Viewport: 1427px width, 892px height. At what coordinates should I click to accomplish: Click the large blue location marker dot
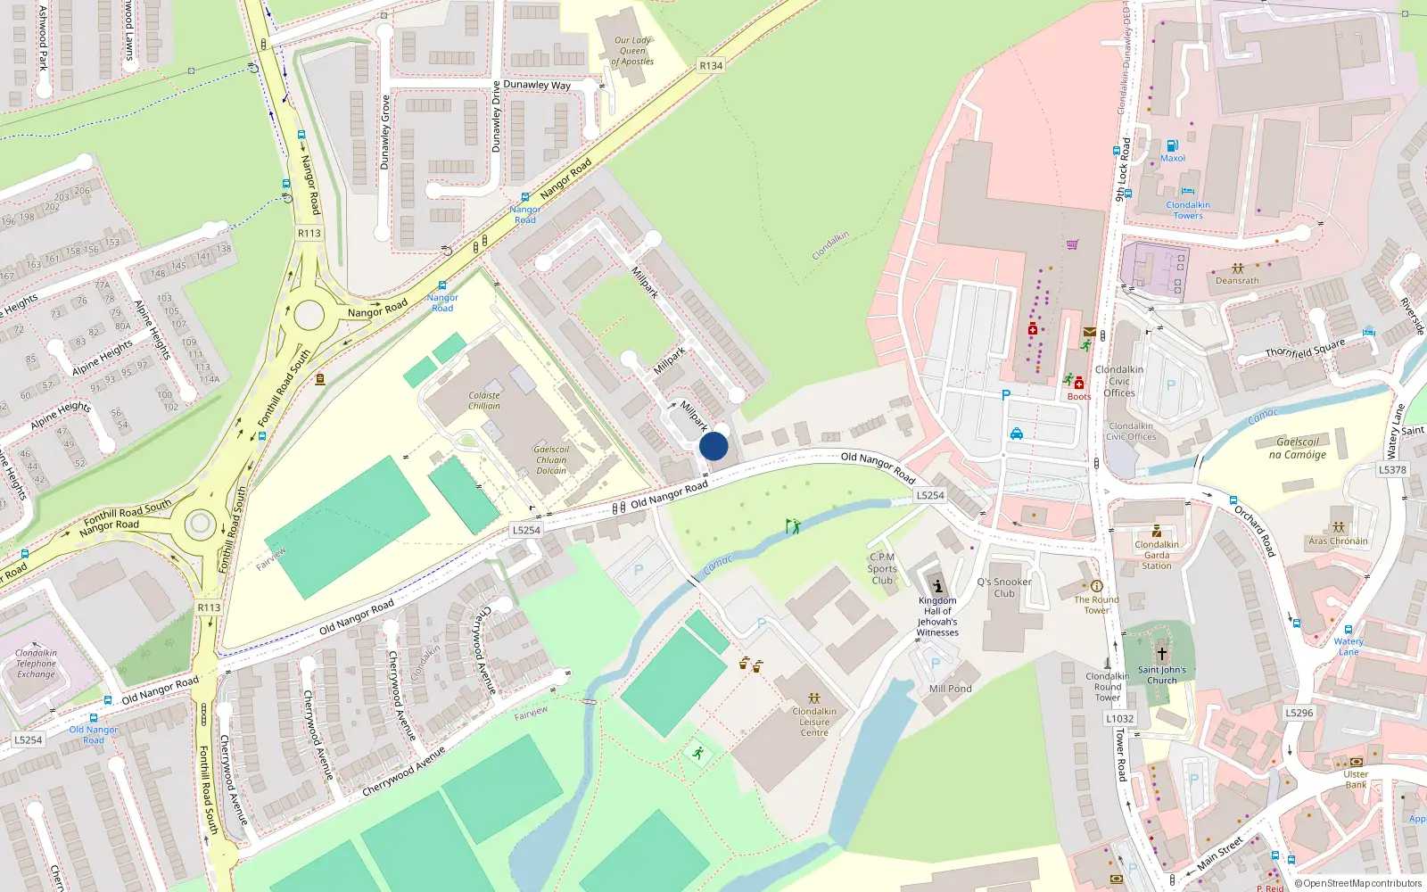[x=713, y=446]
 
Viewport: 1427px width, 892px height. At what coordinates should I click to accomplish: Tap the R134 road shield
[x=711, y=66]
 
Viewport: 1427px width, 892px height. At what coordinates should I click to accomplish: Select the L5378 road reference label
[x=1392, y=470]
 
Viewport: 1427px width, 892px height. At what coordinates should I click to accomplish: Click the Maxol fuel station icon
[x=1173, y=145]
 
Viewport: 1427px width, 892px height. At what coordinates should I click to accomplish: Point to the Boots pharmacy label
[x=1079, y=397]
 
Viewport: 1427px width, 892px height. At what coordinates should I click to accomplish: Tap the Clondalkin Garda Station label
[x=1157, y=555]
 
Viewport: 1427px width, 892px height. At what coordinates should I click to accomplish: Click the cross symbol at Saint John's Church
[x=1161, y=654]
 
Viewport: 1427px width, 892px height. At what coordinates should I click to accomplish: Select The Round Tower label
[x=1096, y=605]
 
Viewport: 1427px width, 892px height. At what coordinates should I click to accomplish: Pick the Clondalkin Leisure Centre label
[x=814, y=723]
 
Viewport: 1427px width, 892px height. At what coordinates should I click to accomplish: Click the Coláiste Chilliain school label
[x=484, y=401]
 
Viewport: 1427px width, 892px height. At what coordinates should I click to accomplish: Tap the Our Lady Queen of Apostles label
[x=632, y=51]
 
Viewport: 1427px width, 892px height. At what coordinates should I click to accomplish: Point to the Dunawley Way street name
[x=537, y=85]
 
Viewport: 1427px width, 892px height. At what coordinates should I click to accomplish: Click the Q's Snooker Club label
[x=1004, y=587]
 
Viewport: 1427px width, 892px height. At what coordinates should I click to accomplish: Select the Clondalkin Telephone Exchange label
[x=36, y=664]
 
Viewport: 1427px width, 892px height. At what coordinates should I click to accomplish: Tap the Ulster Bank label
[x=1356, y=780]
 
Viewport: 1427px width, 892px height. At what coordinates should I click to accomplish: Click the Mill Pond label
[x=951, y=689]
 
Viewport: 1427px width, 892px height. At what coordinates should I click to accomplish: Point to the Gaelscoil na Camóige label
[x=1298, y=448]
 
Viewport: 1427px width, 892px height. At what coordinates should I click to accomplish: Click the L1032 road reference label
[x=1120, y=718]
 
